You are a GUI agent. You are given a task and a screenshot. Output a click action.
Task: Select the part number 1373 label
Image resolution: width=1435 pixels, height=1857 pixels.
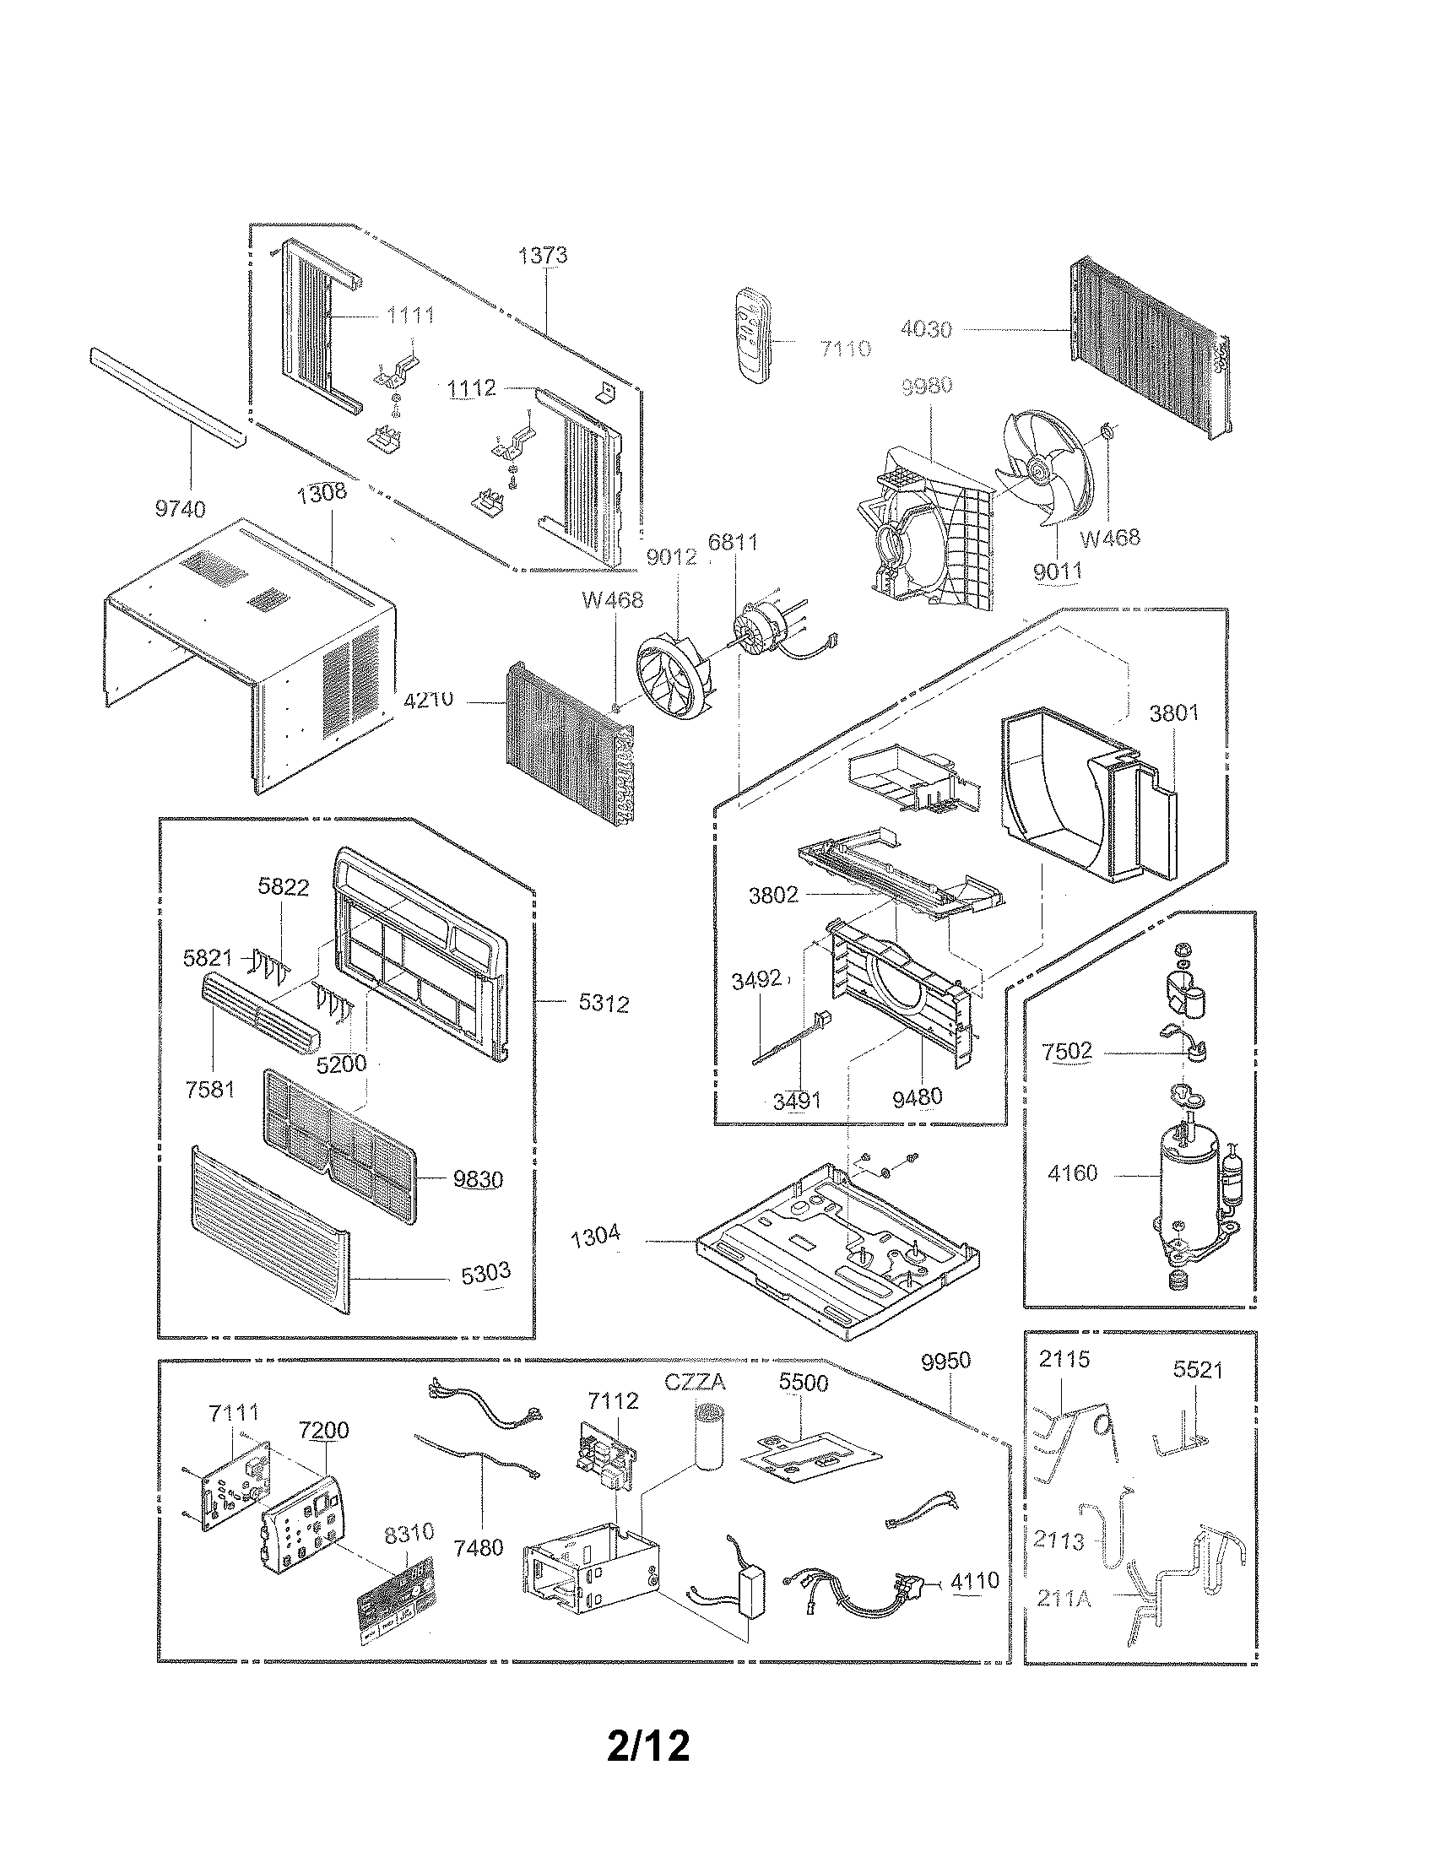point(543,255)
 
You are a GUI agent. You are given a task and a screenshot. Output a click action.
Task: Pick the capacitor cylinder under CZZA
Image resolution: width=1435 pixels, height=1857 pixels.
point(707,1436)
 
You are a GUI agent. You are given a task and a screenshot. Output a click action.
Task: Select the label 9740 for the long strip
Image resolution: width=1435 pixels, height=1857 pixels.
point(181,509)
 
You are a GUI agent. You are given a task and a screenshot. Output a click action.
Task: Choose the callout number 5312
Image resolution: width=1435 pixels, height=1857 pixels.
point(604,1004)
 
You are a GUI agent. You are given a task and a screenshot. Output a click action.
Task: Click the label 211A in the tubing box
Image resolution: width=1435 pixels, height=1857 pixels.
point(1064,1598)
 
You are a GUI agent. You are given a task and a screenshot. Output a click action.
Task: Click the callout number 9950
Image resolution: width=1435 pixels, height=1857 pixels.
point(945,1362)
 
